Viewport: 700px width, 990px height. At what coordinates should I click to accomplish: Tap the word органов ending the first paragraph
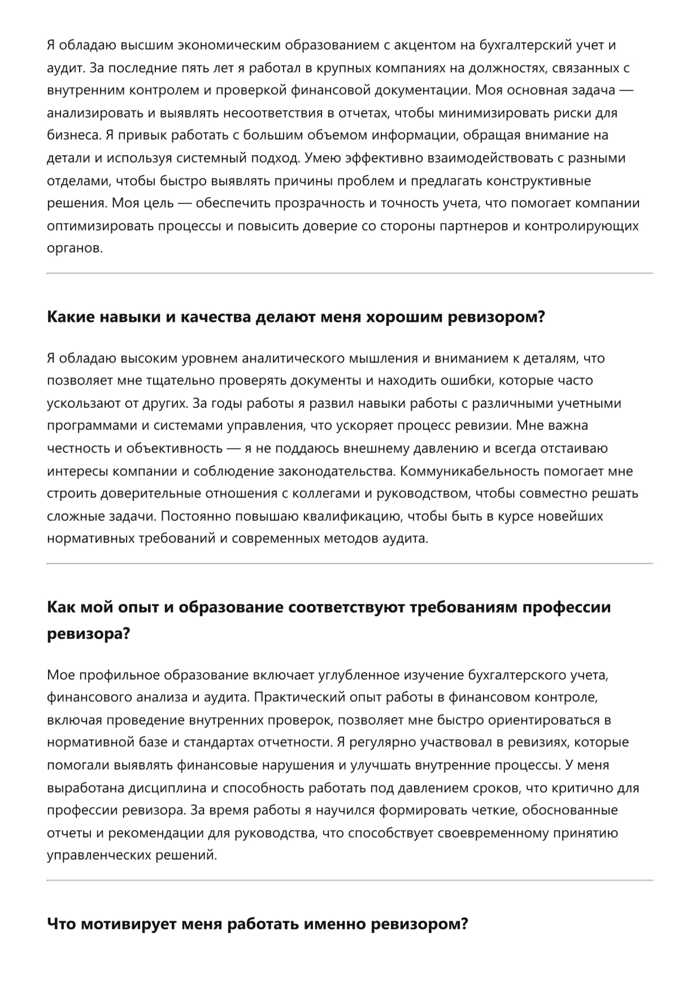tap(75, 248)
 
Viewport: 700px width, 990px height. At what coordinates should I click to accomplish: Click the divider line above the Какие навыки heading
tap(350, 273)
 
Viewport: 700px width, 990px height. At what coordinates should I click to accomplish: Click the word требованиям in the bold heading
tap(462, 608)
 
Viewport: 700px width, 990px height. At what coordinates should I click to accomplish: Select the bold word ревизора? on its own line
tap(88, 634)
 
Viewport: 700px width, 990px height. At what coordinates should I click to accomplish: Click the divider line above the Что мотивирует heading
tap(350, 880)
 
